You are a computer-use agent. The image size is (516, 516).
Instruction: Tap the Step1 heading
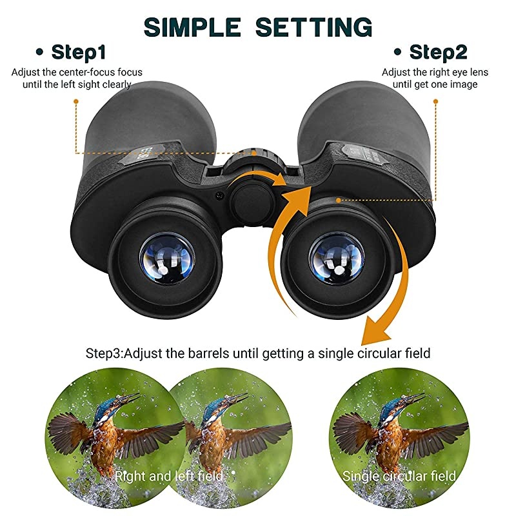pos(79,52)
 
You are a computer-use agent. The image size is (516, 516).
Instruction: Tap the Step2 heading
pos(438,52)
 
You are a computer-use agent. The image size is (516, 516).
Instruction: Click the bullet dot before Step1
pos(42,52)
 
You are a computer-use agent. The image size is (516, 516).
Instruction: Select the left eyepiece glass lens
pos(166,259)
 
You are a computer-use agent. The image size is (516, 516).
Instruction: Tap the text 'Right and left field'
pos(168,477)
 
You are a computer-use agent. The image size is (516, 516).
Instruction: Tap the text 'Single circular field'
pos(399,477)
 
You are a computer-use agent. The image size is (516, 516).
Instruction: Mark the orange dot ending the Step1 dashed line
pos(75,101)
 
